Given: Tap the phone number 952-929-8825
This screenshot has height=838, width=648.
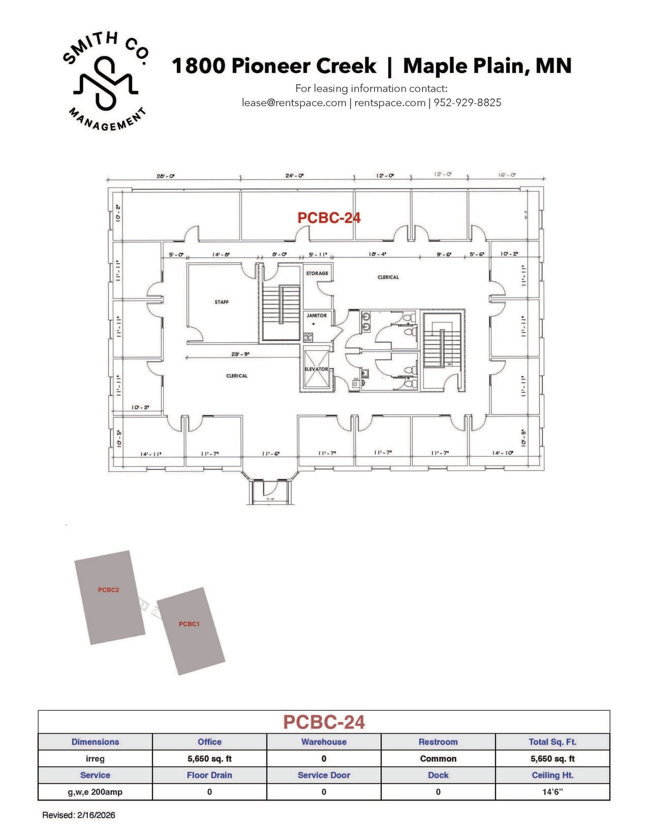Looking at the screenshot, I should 467,103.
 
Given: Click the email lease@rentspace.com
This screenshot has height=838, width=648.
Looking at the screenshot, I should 294,103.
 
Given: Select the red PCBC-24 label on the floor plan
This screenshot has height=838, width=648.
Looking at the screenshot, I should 329,218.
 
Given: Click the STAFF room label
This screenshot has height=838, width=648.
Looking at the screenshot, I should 221,302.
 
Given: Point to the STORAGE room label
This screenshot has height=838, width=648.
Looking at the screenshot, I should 317,273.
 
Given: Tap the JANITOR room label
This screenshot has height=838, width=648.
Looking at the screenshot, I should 316,315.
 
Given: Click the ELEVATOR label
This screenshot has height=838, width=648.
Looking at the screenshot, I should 316,369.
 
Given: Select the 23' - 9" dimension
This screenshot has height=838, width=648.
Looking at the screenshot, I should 240,354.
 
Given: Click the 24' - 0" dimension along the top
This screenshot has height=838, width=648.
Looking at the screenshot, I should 294,176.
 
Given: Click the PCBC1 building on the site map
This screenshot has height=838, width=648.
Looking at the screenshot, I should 190,631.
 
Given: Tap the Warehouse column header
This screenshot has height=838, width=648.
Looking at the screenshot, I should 323,742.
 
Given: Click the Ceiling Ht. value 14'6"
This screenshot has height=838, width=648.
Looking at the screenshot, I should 552,792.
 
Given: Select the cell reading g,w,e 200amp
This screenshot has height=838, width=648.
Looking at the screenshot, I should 95,792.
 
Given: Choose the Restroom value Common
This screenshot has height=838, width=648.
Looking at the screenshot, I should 438,759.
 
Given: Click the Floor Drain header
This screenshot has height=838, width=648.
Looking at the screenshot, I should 209,775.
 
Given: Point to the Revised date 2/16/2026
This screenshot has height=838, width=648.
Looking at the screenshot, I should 95,815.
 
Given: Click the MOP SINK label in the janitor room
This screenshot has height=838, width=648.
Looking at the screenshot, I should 308,338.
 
